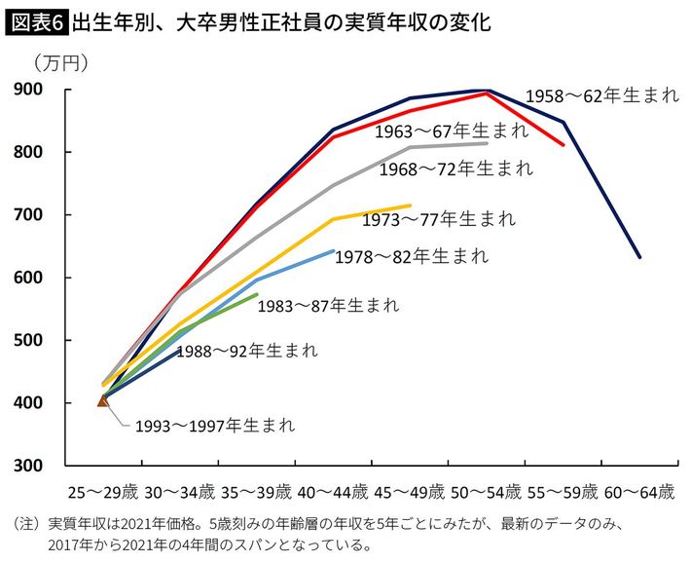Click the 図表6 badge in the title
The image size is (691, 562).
click(36, 20)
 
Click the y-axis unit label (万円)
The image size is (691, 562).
click(60, 64)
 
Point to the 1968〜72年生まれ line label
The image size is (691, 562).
click(458, 168)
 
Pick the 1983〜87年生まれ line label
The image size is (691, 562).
click(328, 305)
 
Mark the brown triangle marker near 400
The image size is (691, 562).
click(103, 399)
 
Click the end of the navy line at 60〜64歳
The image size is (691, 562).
click(638, 257)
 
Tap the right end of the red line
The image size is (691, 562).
click(563, 145)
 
